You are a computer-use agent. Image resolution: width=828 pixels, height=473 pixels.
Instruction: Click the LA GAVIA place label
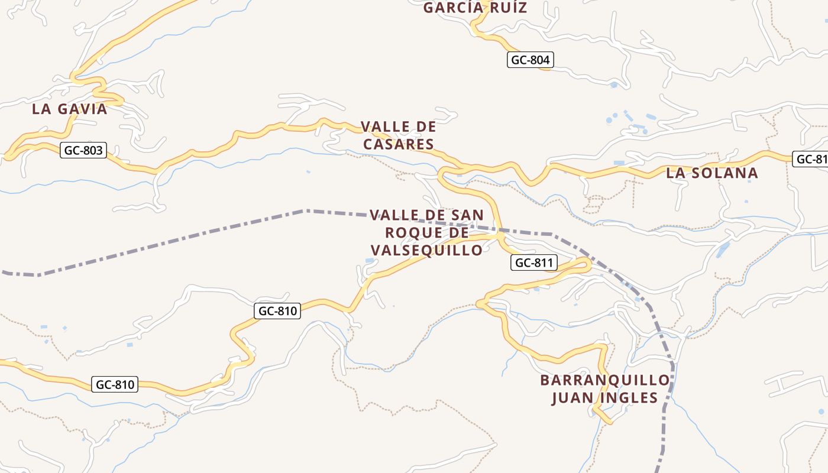[70, 109]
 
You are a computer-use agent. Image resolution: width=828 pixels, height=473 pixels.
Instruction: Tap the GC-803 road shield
[83, 150]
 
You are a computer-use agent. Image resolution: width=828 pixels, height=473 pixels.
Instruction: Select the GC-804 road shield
[531, 60]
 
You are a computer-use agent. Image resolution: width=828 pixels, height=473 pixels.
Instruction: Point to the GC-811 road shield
[534, 263]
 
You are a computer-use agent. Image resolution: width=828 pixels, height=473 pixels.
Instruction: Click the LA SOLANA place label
[712, 173]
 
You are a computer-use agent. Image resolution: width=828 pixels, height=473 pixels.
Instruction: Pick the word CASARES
[399, 144]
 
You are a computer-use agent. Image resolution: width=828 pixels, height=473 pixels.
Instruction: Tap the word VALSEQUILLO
[426, 250]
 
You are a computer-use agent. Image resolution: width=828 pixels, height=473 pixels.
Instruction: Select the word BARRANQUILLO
[605, 380]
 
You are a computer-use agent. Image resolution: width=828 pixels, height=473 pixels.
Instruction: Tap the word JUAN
[572, 397]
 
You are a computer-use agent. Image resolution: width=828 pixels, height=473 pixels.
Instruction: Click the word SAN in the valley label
[467, 215]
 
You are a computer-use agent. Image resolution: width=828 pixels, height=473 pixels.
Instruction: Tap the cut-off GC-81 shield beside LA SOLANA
[810, 158]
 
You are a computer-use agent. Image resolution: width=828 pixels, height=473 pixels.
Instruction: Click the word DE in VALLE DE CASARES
[425, 127]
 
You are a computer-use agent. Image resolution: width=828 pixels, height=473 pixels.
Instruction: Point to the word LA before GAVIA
[41, 109]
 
